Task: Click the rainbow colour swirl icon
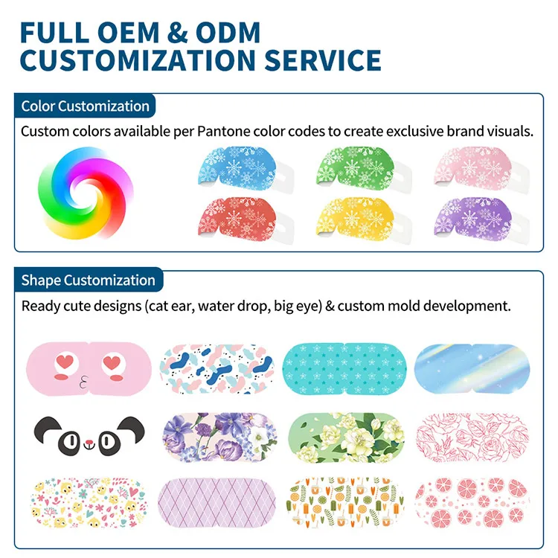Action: click(x=86, y=193)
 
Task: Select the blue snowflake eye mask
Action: click(x=242, y=167)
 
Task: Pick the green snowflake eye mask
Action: click(x=360, y=167)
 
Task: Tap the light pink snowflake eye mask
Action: click(x=478, y=167)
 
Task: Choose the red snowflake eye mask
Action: click(x=242, y=219)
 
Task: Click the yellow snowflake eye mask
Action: click(x=360, y=219)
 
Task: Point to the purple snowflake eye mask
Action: click(x=478, y=219)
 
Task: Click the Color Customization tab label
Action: click(x=85, y=106)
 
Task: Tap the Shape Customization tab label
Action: click(x=89, y=280)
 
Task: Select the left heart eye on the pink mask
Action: click(x=65, y=362)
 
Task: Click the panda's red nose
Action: click(x=89, y=443)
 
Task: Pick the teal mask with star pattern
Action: click(x=344, y=369)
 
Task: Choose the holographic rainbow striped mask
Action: click(x=472, y=369)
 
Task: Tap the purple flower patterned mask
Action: click(x=219, y=437)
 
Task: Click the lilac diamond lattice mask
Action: click(x=217, y=503)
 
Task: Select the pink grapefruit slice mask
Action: click(x=472, y=503)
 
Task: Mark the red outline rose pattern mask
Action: click(x=472, y=437)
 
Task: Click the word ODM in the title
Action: click(x=228, y=33)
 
